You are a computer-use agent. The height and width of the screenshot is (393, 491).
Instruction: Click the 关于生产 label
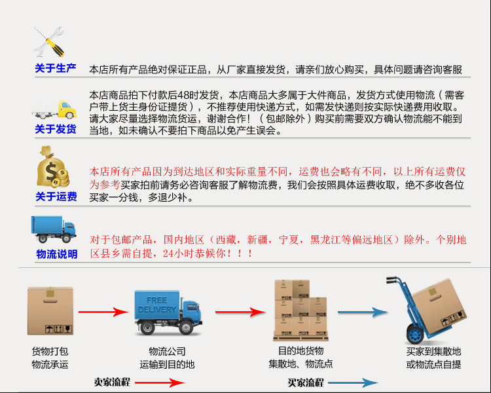56,68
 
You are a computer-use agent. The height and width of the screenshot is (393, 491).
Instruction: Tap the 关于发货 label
56,129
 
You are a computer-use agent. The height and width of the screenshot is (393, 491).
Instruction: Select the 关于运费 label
56,196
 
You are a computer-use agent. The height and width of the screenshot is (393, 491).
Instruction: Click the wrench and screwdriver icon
48,42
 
